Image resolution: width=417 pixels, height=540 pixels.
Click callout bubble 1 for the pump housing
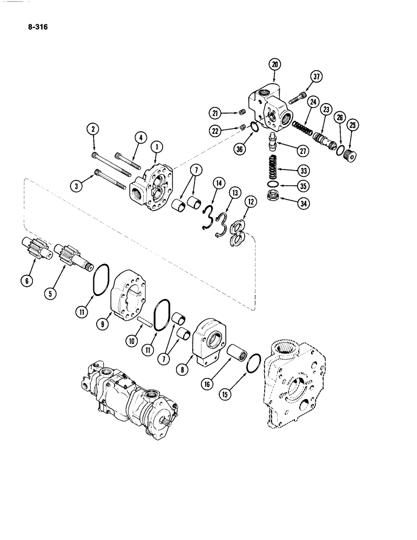(155, 145)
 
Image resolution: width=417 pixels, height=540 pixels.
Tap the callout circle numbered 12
(250, 201)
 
